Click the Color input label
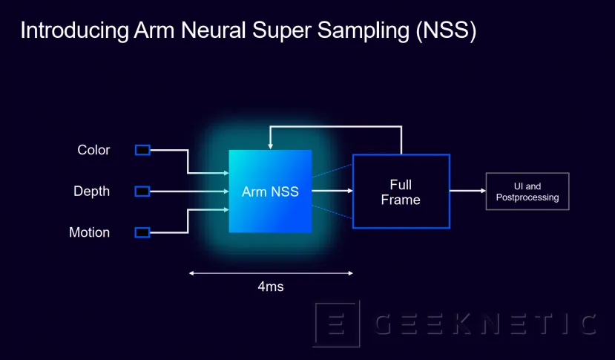tap(93, 150)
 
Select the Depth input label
tap(91, 192)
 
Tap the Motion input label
tap(89, 232)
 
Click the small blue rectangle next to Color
tap(142, 150)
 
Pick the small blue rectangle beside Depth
tap(142, 192)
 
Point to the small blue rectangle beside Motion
tap(142, 232)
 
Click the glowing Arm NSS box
tap(270, 192)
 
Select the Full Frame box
tap(401, 192)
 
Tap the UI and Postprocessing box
tap(527, 192)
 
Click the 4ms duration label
tap(271, 287)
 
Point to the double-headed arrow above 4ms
tap(271, 273)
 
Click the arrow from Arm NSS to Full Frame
tap(332, 192)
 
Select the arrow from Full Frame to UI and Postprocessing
tap(467, 192)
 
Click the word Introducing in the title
tap(71, 31)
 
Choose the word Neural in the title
tap(205, 31)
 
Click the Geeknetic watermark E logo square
tap(336, 324)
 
